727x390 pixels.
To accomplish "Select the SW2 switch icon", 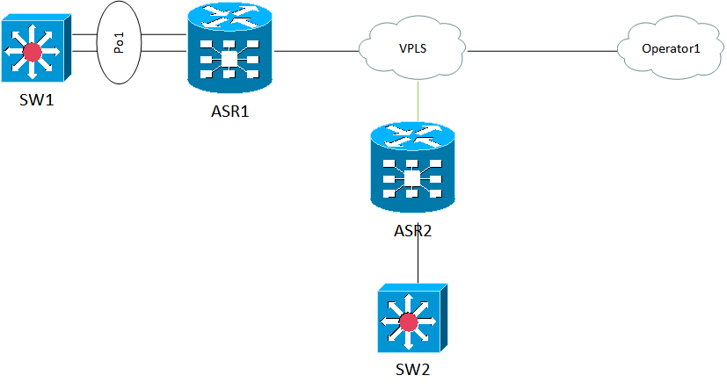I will click(409, 320).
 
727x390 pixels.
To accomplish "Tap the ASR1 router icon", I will click(231, 54).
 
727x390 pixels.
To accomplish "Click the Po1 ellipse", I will click(120, 43).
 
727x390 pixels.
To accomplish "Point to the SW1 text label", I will click(37, 100).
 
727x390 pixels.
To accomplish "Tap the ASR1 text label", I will click(231, 114).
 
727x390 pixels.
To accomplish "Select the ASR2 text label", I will click(412, 232).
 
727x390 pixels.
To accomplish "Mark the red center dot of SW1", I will click(33, 53).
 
